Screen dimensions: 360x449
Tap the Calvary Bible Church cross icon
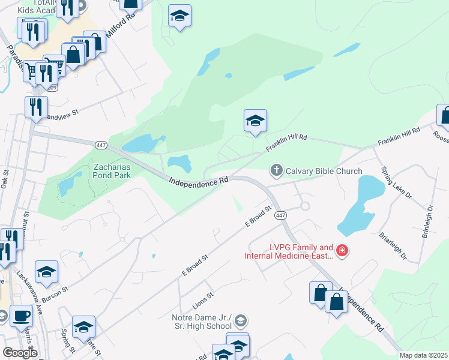click(x=276, y=171)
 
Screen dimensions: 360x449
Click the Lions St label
click(x=203, y=297)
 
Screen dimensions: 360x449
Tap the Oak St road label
click(x=5, y=179)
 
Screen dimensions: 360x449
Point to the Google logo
click(x=20, y=353)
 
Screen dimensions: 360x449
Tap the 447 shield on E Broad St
click(x=280, y=215)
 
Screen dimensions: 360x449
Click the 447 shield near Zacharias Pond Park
click(x=100, y=145)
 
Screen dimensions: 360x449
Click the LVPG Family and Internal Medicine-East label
click(x=288, y=251)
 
